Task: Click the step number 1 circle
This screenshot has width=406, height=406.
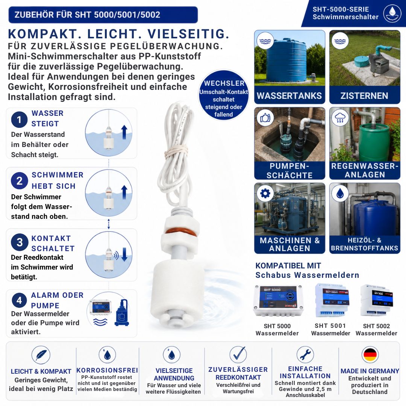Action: pyautogui.click(x=19, y=120)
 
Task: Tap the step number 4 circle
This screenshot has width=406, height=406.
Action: pyautogui.click(x=19, y=300)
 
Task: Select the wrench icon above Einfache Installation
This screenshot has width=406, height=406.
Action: pyautogui.click(x=305, y=355)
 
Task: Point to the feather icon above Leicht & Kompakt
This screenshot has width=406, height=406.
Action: pyautogui.click(x=41, y=355)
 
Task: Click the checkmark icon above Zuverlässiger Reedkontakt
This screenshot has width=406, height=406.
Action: pyautogui.click(x=238, y=354)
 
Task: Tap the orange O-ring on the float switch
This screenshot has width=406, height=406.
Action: pyautogui.click(x=181, y=231)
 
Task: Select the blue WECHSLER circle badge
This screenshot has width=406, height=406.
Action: pyautogui.click(x=224, y=95)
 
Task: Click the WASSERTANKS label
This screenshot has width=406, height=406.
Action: pyautogui.click(x=289, y=96)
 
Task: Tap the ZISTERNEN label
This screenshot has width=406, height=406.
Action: pyautogui.click(x=364, y=96)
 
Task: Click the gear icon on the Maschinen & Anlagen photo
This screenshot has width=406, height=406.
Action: pyautogui.click(x=265, y=193)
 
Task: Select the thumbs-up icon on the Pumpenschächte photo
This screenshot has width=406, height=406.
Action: pyautogui.click(x=265, y=118)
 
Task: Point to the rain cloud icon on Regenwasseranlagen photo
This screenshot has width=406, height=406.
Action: pyautogui.click(x=340, y=118)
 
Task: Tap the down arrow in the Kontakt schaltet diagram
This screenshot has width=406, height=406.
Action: pyautogui.click(x=124, y=254)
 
